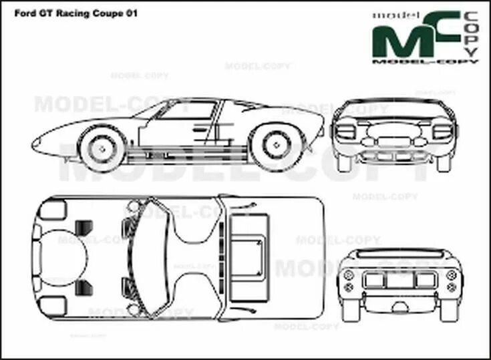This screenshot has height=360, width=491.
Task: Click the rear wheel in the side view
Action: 275,142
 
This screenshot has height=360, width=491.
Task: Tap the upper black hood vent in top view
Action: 85,227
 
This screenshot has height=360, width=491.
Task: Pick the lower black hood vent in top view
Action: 85,287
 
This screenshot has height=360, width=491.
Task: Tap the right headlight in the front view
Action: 442,132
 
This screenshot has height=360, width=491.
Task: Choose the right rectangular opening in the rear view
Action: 425,281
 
